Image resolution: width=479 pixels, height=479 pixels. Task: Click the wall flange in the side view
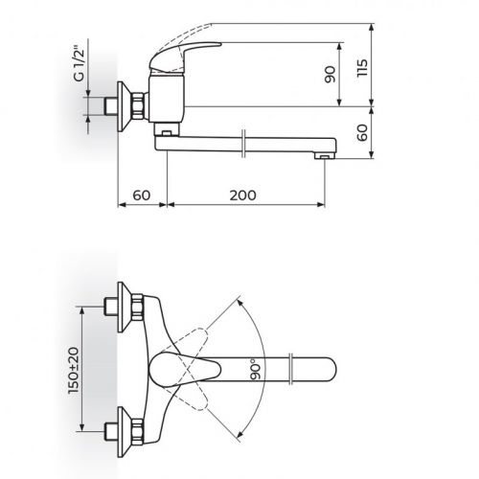coord(123,106)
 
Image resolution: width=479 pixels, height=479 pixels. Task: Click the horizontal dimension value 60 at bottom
coord(142,194)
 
